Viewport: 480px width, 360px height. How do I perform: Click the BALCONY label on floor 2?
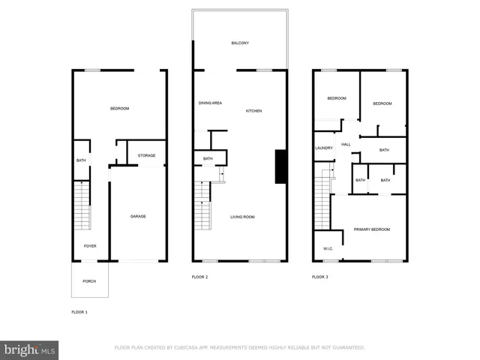pyautogui.click(x=240, y=43)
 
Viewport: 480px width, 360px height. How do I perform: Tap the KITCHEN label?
pyautogui.click(x=254, y=111)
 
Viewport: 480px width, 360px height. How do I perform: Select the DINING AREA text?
pyautogui.click(x=210, y=103)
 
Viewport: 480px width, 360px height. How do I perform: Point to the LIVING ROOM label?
pyautogui.click(x=242, y=217)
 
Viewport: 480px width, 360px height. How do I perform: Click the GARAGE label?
pyautogui.click(x=138, y=216)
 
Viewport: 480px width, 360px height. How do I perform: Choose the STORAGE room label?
pyautogui.click(x=146, y=155)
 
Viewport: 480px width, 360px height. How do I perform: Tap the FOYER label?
pyautogui.click(x=90, y=246)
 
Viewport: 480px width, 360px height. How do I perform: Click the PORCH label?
pyautogui.click(x=89, y=281)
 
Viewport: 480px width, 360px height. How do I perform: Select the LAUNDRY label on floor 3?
pyautogui.click(x=323, y=148)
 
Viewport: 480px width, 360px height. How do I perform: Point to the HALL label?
pyautogui.click(x=346, y=145)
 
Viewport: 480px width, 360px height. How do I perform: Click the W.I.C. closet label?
pyautogui.click(x=328, y=248)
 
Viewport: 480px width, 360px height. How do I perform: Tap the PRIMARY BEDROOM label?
pyautogui.click(x=372, y=229)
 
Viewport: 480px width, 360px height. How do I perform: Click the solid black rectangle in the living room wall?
pyautogui.click(x=280, y=166)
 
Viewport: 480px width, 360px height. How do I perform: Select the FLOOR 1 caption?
pyautogui.click(x=79, y=311)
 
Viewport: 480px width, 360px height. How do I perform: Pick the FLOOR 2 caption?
pyautogui.click(x=199, y=277)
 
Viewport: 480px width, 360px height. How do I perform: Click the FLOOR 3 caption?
pyautogui.click(x=319, y=277)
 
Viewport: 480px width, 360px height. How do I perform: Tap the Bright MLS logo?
pyautogui.click(x=30, y=349)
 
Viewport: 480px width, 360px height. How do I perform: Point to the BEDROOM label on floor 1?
pyautogui.click(x=120, y=109)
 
